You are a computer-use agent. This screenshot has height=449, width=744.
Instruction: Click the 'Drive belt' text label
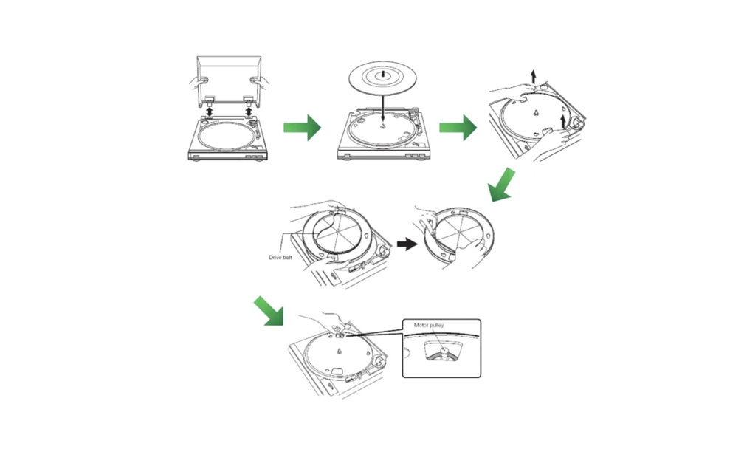point(283,258)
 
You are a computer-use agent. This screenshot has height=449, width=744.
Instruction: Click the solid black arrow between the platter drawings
point(407,244)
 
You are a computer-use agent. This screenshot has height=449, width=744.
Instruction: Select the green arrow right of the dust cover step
point(302,127)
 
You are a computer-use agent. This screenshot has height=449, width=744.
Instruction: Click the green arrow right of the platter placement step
point(458,127)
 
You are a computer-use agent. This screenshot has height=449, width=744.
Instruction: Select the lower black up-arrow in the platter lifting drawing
point(565,118)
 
